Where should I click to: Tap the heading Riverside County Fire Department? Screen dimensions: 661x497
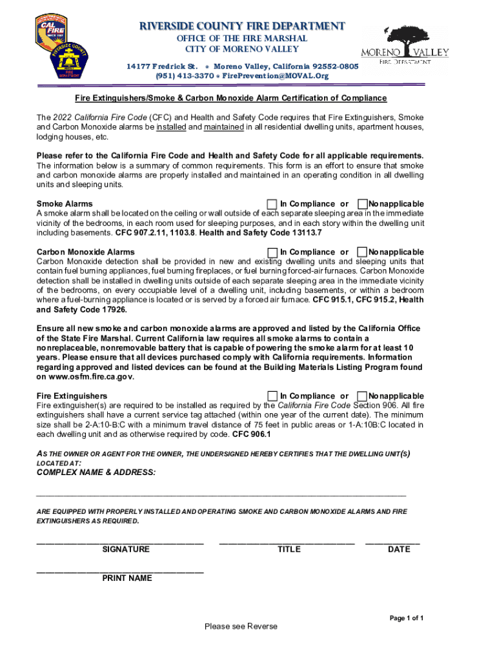pyautogui.click(x=243, y=26)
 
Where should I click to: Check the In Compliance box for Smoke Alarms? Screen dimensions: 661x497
pyautogui.click(x=272, y=203)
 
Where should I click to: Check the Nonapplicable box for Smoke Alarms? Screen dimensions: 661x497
pyautogui.click(x=363, y=203)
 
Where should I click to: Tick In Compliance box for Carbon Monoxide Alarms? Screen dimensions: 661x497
pyautogui.click(x=272, y=252)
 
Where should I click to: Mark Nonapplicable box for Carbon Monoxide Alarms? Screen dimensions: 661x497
pyautogui.click(x=363, y=252)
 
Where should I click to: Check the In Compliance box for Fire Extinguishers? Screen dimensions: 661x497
pyautogui.click(x=272, y=396)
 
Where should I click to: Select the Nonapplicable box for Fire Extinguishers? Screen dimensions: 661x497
pyautogui.click(x=363, y=396)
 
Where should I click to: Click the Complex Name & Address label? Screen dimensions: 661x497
pyautogui.click(x=96, y=473)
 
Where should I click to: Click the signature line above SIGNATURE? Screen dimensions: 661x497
pyautogui.click(x=121, y=541)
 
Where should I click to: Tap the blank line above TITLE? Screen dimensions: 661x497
pyautogui.click(x=287, y=541)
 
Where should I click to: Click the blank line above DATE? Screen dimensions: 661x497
pyautogui.click(x=392, y=541)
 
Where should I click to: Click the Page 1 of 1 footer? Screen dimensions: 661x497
pyautogui.click(x=407, y=618)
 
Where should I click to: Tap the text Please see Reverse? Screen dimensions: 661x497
pyautogui.click(x=241, y=627)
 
